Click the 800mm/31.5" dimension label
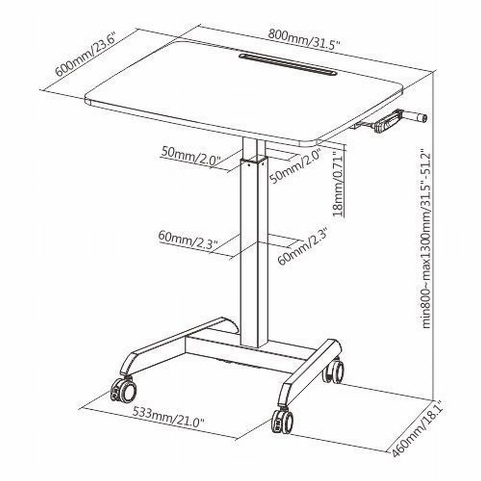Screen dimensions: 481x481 tap(304, 41)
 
